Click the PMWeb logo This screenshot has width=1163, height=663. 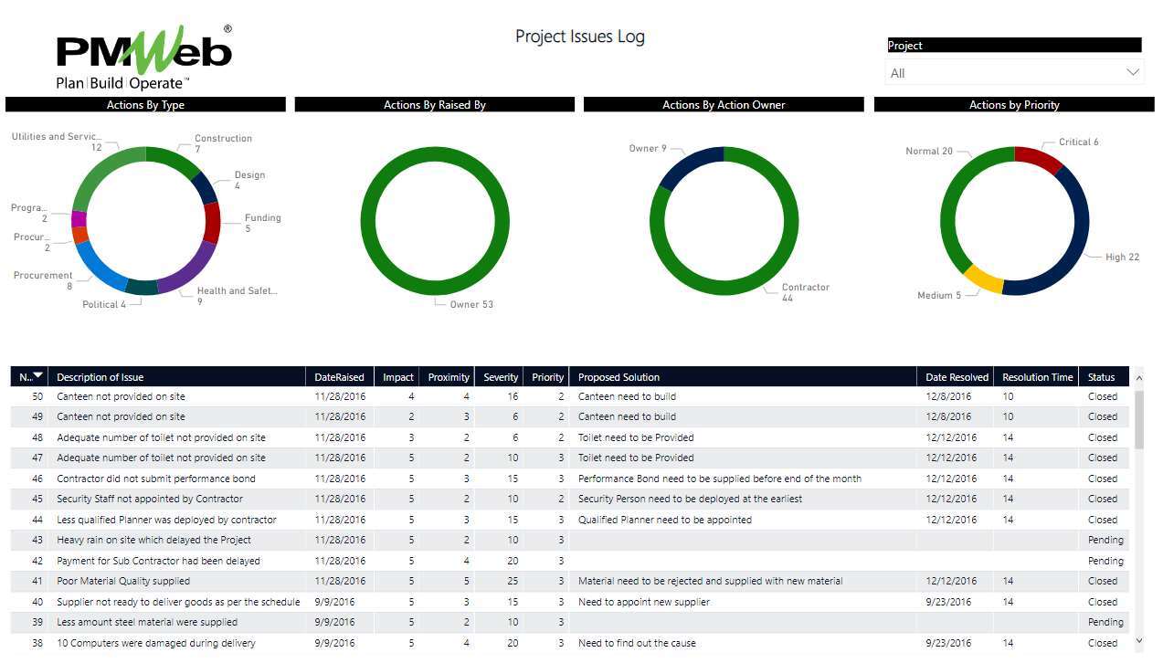[144, 57]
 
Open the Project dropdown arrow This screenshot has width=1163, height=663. [1133, 72]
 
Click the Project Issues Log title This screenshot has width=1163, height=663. [579, 37]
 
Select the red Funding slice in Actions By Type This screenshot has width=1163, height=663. [212, 222]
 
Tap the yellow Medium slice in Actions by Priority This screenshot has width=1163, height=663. [983, 279]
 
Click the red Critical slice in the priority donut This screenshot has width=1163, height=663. [1039, 159]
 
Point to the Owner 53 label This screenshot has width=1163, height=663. [470, 304]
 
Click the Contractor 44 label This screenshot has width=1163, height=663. [805, 292]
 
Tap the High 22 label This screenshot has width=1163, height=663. [1122, 258]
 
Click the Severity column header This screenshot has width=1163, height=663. [501, 377]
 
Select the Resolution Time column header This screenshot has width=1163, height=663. [1037, 377]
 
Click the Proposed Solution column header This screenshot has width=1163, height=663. [619, 377]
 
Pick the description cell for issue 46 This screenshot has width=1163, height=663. [156, 479]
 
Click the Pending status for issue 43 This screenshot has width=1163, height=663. [1105, 540]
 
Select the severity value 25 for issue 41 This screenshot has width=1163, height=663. [513, 581]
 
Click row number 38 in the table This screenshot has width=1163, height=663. [37, 643]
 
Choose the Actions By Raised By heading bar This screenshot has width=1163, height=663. [434, 105]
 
